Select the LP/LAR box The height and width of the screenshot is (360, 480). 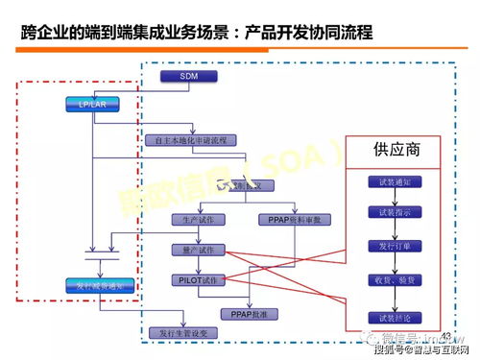(91, 103)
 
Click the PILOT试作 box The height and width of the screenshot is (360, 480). (198, 280)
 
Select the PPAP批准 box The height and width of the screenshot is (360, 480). (249, 313)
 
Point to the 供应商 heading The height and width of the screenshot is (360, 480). (394, 151)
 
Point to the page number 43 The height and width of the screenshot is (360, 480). (444, 334)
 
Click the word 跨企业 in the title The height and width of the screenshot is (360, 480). (45, 34)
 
